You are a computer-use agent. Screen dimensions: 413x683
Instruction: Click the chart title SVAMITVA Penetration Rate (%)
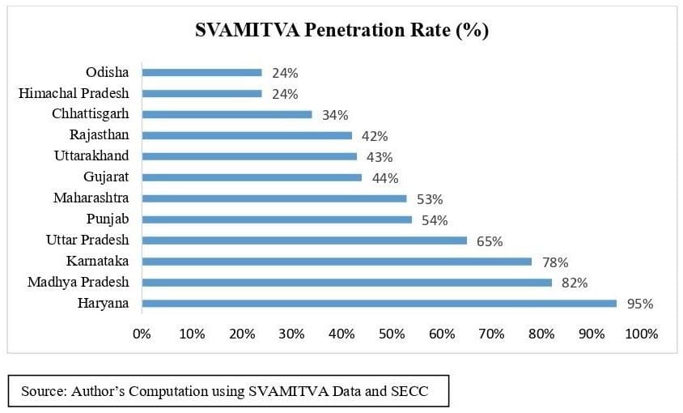341,31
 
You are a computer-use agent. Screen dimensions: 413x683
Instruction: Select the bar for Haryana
379,304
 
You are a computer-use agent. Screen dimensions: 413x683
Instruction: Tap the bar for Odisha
202,72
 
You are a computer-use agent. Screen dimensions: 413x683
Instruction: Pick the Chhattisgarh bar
227,114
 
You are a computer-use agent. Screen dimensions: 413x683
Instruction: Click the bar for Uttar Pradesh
304,241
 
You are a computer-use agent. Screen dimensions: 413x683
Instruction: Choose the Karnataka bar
337,262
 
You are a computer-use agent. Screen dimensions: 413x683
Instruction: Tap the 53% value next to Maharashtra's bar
430,199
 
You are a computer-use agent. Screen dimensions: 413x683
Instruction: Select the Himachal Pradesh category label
74,94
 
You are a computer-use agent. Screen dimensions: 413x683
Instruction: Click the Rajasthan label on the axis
99,135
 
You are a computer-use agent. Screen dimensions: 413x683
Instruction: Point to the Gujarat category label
106,177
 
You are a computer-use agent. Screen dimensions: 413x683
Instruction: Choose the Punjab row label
108,219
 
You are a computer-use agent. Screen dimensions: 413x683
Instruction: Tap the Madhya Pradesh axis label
78,283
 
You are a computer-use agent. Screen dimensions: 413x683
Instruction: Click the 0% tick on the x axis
142,334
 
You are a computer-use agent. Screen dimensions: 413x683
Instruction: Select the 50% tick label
392,334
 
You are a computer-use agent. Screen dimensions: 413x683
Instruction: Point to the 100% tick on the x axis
642,334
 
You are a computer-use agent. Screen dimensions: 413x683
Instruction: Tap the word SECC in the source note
409,391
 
